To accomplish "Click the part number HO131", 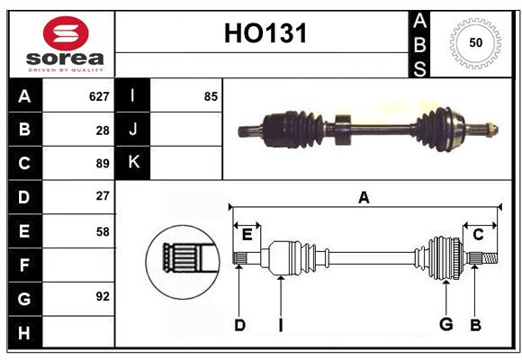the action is click(265, 33).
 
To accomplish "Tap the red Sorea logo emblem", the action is click(66, 33).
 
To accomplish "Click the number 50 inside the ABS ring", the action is click(475, 42).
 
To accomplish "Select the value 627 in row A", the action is click(99, 96).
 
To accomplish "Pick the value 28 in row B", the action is click(103, 130).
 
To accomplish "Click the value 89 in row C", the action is click(103, 164).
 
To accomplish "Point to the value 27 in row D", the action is click(103, 196).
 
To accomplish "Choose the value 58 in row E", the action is click(103, 232).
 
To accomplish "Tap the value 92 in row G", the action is click(103, 296).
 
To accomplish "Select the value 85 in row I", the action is click(211, 96).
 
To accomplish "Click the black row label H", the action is click(25, 332).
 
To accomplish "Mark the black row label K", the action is click(133, 163).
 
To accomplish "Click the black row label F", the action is click(25, 265).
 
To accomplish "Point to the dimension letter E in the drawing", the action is click(247, 235).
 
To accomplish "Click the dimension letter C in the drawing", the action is click(478, 235).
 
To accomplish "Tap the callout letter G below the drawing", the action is click(446, 324).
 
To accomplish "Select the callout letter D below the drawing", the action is click(239, 325).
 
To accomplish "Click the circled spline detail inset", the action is click(183, 262).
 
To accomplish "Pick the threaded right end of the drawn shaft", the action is click(490, 258).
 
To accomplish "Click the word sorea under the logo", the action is click(65, 58).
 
